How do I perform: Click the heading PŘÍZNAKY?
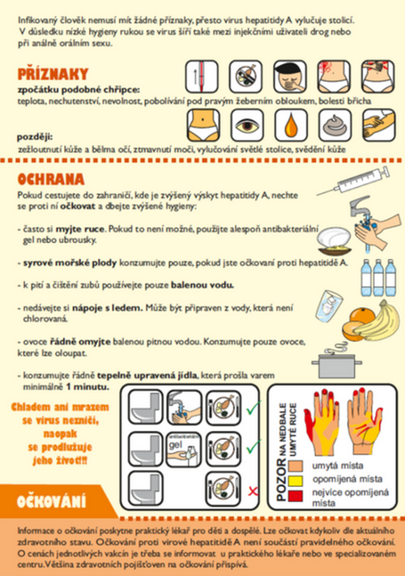[53, 75]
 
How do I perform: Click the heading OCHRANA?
[51, 179]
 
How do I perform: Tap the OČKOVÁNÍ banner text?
[51, 501]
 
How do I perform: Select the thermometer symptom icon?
[202, 77]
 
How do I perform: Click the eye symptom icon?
[247, 126]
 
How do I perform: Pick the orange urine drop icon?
[291, 126]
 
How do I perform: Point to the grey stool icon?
[335, 126]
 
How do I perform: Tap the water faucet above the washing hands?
[360, 207]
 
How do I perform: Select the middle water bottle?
[378, 278]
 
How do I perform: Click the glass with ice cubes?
[328, 306]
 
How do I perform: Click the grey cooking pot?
[337, 365]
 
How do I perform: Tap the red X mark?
[253, 491]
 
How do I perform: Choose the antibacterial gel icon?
[184, 450]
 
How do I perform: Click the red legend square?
[296, 496]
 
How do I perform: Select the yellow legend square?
[296, 480]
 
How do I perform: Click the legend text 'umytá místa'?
[338, 466]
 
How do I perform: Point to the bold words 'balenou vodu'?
[202, 285]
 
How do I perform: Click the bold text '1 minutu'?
[87, 386]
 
